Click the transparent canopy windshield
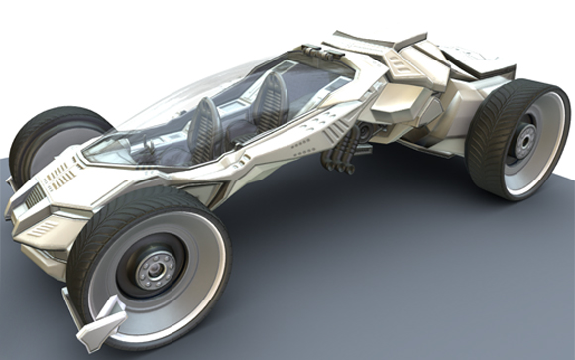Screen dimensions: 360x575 [159, 109]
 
